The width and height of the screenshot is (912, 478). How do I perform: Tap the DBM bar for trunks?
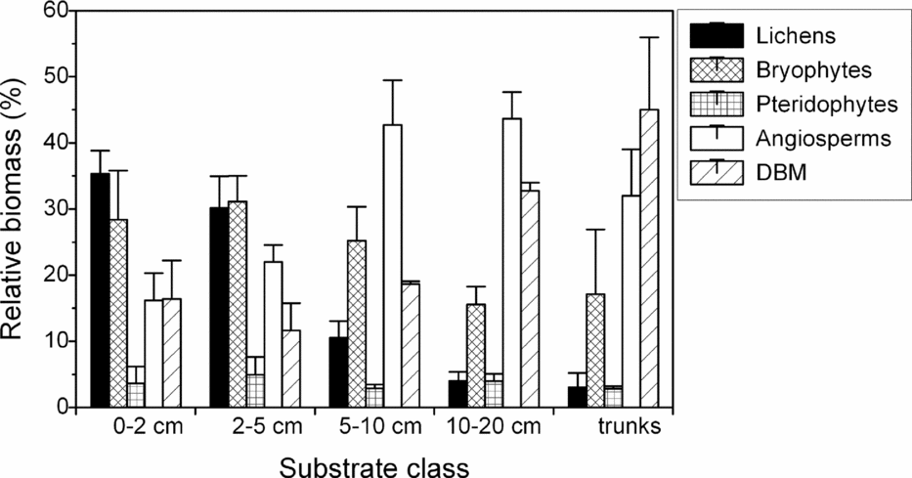click(649, 258)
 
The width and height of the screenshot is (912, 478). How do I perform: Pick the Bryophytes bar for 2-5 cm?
click(237, 304)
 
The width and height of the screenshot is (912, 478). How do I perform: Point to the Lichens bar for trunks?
click(578, 397)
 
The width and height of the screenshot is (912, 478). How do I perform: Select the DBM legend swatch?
click(717, 173)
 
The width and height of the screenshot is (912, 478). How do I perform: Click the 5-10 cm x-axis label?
click(373, 427)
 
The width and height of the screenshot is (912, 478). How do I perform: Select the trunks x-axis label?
click(629, 427)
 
